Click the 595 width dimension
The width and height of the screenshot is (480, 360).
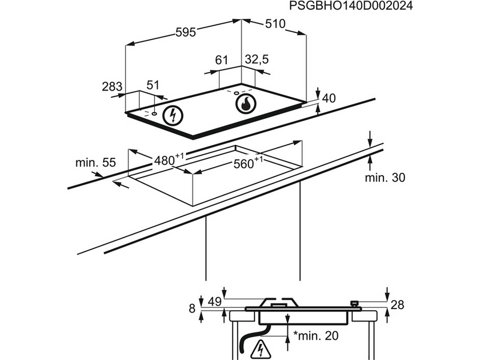pos(185,34)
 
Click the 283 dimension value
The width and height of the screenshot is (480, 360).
pos(112,86)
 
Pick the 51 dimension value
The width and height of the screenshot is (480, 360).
pos(154,85)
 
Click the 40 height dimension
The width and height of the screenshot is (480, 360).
pos(329,98)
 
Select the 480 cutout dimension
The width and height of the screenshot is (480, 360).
pos(167,160)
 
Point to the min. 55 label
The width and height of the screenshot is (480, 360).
pos(95,163)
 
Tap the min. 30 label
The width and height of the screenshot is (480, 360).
pos(385,177)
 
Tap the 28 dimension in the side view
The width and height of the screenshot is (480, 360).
pos(397,305)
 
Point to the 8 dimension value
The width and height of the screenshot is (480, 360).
pos(192,308)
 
